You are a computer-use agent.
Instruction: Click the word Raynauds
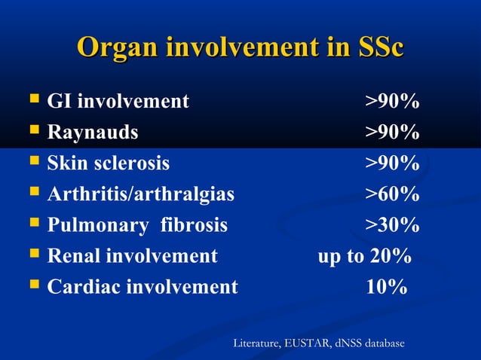pyautogui.click(x=93, y=133)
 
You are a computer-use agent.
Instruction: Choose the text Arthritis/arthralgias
pyautogui.click(x=141, y=194)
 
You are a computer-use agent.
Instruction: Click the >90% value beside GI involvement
pyautogui.click(x=393, y=102)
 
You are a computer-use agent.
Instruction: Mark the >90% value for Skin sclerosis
pyautogui.click(x=393, y=163)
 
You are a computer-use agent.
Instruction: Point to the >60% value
pyautogui.click(x=393, y=194)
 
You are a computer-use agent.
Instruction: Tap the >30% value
pyautogui.click(x=393, y=225)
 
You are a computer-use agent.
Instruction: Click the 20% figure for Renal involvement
pyautogui.click(x=391, y=256)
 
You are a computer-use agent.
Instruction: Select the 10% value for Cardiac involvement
pyautogui.click(x=387, y=287)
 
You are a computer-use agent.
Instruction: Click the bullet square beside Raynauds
pyautogui.click(x=33, y=132)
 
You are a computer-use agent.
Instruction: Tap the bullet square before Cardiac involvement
pyautogui.click(x=33, y=286)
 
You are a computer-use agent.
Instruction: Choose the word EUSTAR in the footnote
pyautogui.click(x=308, y=344)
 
